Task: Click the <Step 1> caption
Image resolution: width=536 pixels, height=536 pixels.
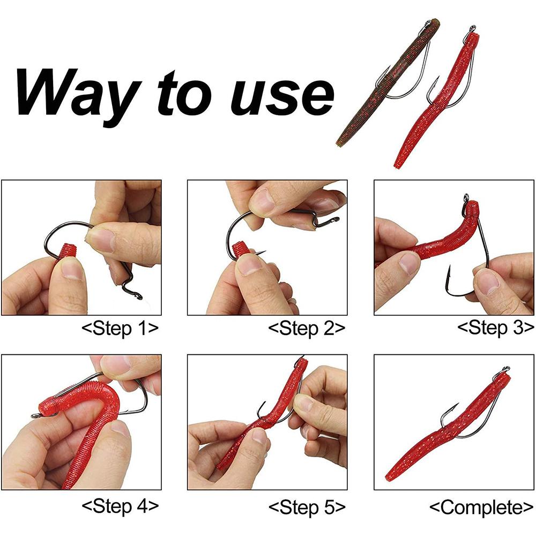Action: click(x=120, y=328)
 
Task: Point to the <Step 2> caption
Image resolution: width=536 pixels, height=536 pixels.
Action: click(x=307, y=328)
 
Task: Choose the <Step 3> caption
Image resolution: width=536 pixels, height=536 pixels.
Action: click(x=496, y=328)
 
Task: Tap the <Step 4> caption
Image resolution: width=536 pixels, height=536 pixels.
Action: click(x=120, y=505)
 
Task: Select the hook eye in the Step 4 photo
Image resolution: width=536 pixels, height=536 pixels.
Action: click(x=35, y=415)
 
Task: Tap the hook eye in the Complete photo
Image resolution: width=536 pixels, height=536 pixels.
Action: click(x=504, y=370)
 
